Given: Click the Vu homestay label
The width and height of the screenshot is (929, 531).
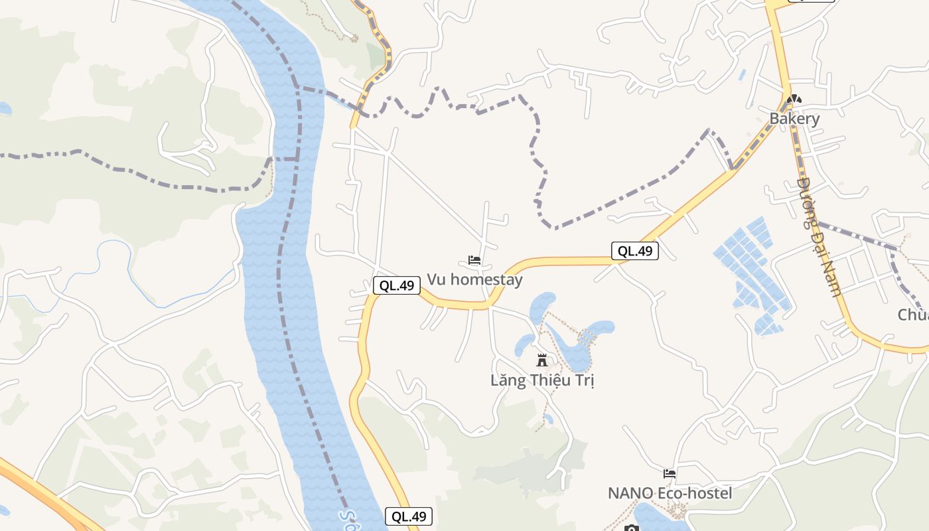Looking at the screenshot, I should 474,279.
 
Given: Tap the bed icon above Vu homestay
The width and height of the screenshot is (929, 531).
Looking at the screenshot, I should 474,260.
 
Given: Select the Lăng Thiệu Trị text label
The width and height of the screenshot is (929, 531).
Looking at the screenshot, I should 542,380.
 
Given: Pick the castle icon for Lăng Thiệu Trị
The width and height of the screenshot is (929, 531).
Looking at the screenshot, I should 542,361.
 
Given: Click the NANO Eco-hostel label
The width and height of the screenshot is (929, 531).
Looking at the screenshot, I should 670,493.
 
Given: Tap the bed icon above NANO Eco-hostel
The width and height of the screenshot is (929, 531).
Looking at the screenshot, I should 670,474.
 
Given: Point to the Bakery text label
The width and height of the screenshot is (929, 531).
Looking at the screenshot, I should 794,119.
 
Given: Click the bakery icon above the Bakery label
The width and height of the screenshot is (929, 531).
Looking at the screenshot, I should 794,100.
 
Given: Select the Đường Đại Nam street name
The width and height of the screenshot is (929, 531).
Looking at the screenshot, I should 819,236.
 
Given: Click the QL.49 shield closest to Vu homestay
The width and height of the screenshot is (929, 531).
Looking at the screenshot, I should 397,286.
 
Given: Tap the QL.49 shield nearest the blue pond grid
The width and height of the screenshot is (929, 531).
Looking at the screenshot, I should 635,251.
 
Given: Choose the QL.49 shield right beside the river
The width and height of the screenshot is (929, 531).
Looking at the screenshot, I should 409,516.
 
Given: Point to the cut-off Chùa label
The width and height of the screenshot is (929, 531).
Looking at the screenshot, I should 913,314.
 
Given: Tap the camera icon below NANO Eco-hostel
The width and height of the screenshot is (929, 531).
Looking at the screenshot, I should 632,528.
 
